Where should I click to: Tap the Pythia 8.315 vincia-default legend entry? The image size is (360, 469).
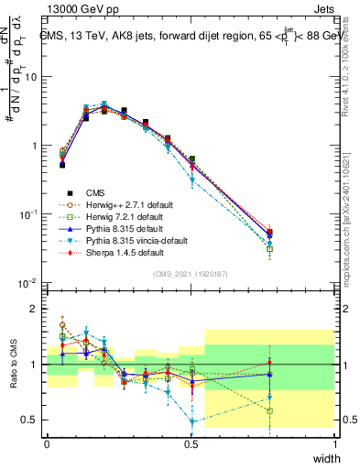coord(123,239)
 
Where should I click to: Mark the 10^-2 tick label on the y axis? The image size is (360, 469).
coord(29,283)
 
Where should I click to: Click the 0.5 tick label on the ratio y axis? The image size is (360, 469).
coord(31,420)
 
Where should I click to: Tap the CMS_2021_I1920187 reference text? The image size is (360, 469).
coord(191,274)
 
